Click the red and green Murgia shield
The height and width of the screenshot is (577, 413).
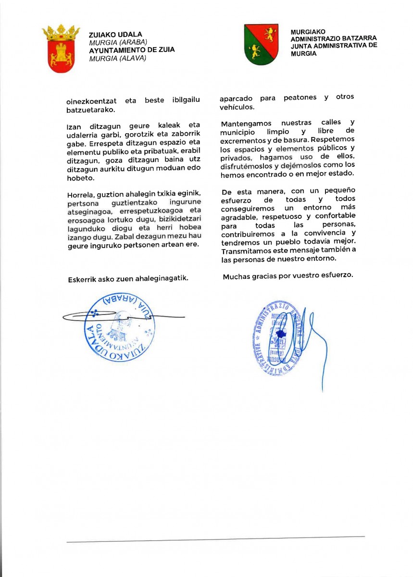[261, 44]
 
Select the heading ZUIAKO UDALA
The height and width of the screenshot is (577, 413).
[116, 35]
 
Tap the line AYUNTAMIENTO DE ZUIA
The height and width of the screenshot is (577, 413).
[132, 50]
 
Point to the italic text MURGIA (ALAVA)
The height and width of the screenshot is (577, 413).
[118, 58]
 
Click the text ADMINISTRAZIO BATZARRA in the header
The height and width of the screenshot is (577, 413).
[334, 38]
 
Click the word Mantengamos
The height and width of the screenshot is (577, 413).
[245, 123]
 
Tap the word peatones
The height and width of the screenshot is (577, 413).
[300, 98]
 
